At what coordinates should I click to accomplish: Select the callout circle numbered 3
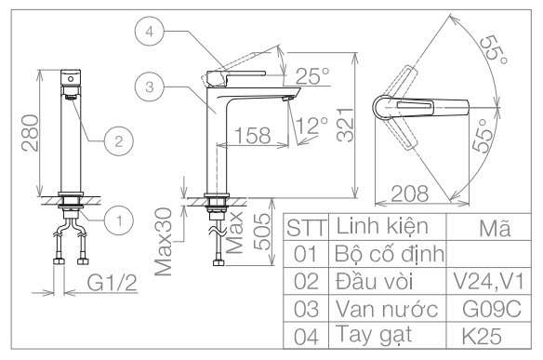pos(148,87)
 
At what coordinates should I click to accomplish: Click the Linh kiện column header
pos(380,225)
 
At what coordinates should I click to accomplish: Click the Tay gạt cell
pos(376,333)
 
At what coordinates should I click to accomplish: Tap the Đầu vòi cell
pos(376,279)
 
